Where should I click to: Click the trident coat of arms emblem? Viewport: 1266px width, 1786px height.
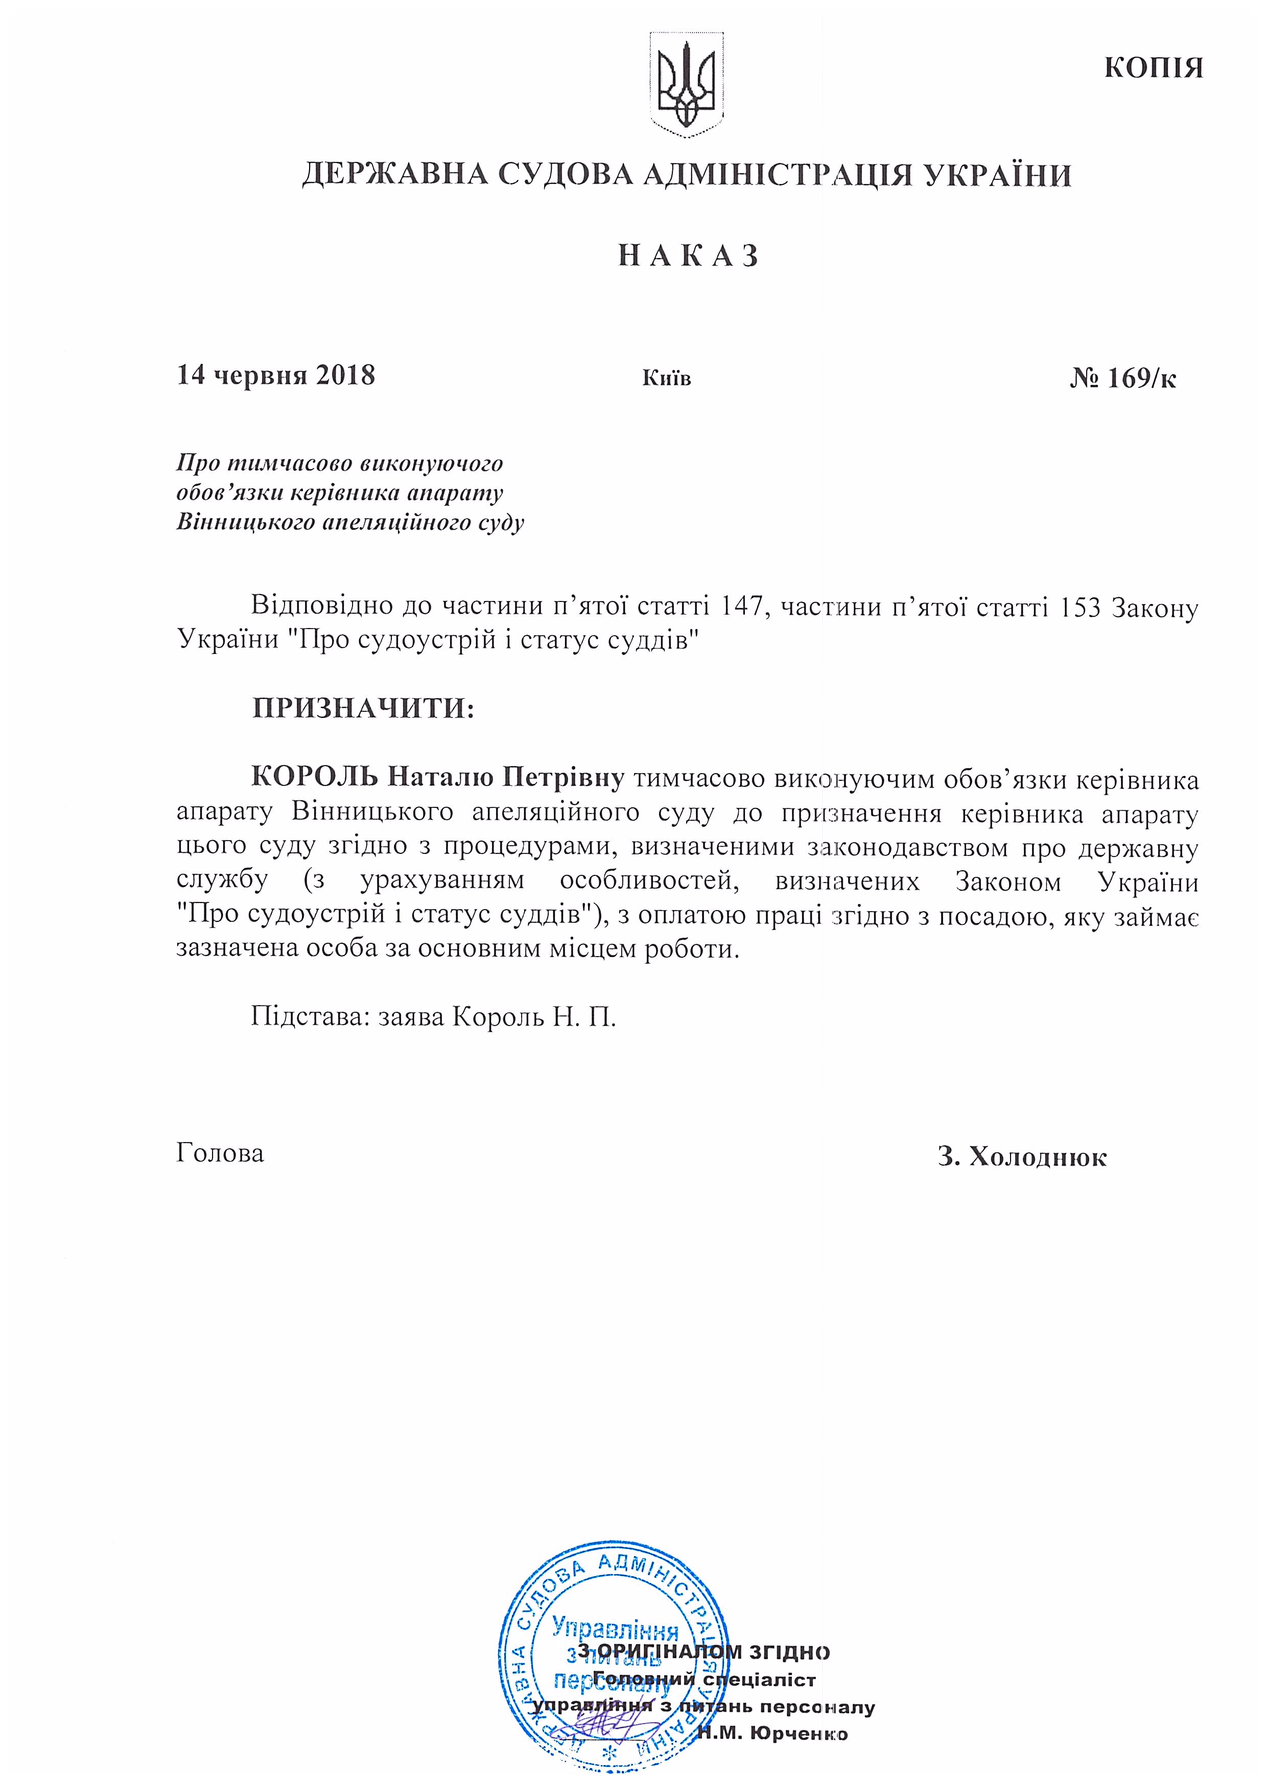(x=686, y=85)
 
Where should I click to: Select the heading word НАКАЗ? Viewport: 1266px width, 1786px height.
(x=688, y=256)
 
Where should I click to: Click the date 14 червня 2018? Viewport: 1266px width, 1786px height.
(x=276, y=376)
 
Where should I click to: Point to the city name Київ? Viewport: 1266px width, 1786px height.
(x=667, y=379)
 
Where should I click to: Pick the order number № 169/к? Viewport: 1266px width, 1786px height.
(x=1122, y=379)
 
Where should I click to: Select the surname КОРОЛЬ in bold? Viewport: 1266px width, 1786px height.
(x=315, y=777)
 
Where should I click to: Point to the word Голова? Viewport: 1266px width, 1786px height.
(x=220, y=1153)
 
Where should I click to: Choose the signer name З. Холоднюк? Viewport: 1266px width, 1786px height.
(x=1022, y=1157)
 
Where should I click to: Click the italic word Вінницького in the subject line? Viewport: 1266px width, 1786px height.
(x=244, y=522)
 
